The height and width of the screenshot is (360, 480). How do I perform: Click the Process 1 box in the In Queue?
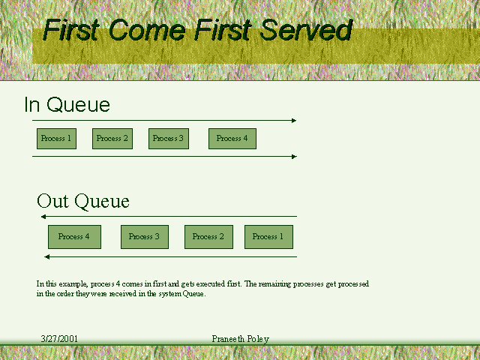(x=56, y=139)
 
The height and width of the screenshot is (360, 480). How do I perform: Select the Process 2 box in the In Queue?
(x=112, y=139)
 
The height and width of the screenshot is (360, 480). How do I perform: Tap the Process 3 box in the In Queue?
(x=169, y=139)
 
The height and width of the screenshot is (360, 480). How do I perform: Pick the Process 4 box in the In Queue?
(x=232, y=139)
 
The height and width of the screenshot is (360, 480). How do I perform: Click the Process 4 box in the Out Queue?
(x=74, y=237)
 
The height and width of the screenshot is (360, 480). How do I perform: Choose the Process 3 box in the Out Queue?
(x=145, y=237)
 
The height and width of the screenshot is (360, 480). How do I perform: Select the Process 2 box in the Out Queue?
(x=208, y=237)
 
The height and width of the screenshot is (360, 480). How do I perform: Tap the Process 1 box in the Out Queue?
(x=268, y=237)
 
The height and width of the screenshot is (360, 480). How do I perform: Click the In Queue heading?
(x=67, y=104)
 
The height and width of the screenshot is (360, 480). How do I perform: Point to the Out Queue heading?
(x=83, y=201)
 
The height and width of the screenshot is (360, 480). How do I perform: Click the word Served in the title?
(x=307, y=30)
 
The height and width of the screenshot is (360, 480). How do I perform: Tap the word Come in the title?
(x=147, y=30)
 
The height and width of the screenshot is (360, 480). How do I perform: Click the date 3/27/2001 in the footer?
(x=59, y=338)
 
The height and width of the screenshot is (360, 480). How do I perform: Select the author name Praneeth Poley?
(x=240, y=339)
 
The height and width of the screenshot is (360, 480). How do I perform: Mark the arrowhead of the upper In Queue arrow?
(x=294, y=121)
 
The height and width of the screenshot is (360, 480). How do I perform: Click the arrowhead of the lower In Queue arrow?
(x=295, y=157)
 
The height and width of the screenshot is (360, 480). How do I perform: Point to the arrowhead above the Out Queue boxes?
(x=43, y=217)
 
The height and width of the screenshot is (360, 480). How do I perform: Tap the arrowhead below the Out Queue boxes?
(x=46, y=256)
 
